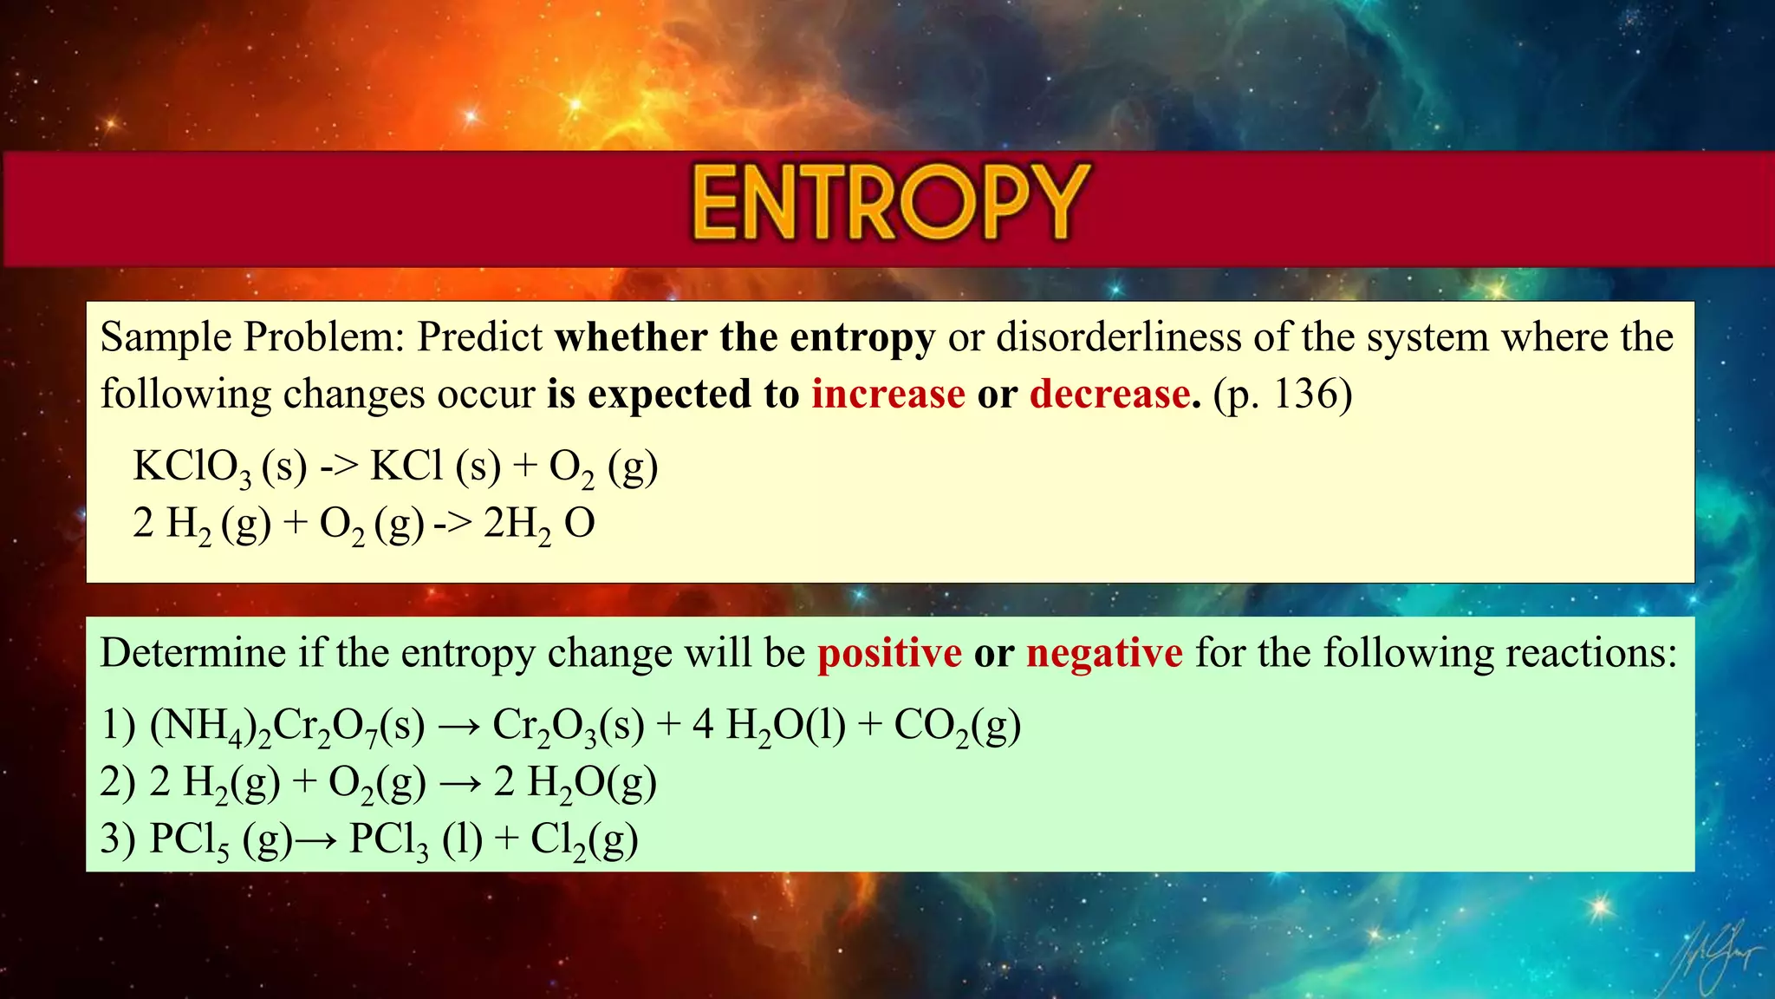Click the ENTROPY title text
click(x=890, y=203)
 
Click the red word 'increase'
click(x=887, y=395)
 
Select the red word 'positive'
click(x=889, y=653)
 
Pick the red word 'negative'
click(x=1104, y=653)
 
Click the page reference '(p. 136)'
click(x=1283, y=395)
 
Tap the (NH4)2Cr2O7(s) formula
click(x=287, y=726)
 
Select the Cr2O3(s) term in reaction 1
click(x=569, y=726)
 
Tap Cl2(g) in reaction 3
click(x=584, y=840)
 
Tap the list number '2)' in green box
click(x=117, y=782)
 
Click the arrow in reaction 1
click(x=458, y=726)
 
